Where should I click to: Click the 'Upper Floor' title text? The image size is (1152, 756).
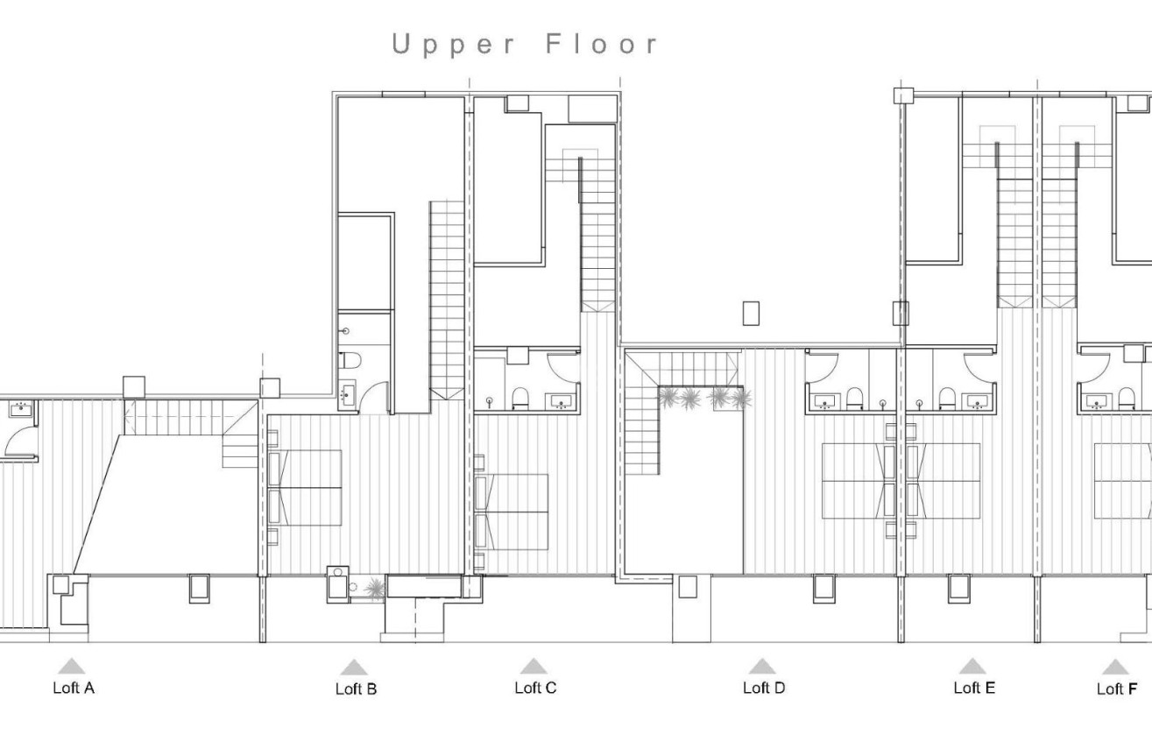[x=525, y=45]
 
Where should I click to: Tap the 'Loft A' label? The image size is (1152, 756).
[x=74, y=688]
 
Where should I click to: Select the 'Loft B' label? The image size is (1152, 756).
[x=356, y=689]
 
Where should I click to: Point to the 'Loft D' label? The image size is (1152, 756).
[x=764, y=688]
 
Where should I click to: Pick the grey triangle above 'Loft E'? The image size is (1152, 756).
[x=972, y=667]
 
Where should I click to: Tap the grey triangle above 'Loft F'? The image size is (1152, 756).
[x=1115, y=668]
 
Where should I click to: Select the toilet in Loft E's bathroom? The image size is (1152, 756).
[x=946, y=399]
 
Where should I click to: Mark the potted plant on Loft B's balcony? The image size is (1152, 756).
[x=374, y=588]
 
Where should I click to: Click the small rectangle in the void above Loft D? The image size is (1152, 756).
[x=751, y=313]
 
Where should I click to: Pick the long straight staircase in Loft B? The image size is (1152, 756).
[x=446, y=298]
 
